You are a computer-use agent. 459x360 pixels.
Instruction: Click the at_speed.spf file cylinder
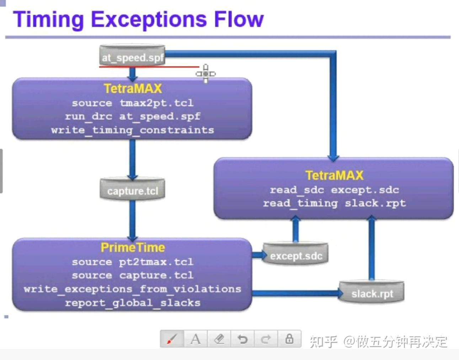pos(132,56)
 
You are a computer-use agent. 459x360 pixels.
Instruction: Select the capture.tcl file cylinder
pos(132,190)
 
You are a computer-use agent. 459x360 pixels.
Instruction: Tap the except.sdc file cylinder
pos(295,254)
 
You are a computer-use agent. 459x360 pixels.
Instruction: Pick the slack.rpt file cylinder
pos(372,292)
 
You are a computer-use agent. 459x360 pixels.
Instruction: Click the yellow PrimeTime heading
pos(133,247)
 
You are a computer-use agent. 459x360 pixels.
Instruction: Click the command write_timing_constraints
pos(132,130)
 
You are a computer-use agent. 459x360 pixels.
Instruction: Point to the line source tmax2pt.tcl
pos(132,103)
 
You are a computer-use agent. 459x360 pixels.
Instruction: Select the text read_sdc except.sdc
pos(334,190)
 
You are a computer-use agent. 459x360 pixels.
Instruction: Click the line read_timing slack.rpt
pos(334,203)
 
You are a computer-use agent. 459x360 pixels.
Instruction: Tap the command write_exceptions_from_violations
pos(132,289)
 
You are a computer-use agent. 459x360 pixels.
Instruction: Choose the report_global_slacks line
pos(132,303)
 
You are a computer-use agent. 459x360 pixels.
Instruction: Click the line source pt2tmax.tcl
pos(132,262)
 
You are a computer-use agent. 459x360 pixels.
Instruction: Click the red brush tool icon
pos(172,339)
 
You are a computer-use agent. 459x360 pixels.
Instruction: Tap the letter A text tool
pos(196,339)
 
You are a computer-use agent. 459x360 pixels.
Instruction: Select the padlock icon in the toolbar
pos(289,339)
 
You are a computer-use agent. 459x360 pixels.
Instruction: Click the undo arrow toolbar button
pos(242,339)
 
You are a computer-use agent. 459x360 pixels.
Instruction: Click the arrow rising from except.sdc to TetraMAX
pos(295,231)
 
